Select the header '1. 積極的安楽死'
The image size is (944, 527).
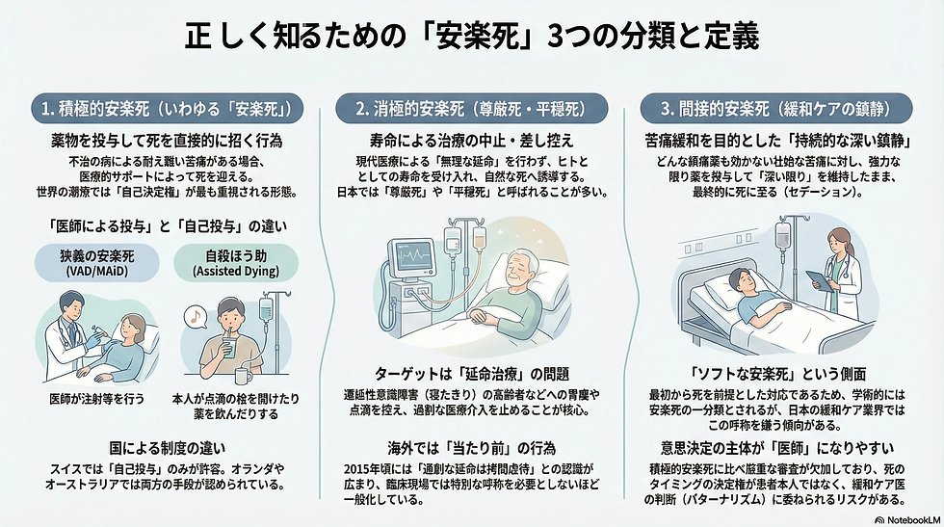167,106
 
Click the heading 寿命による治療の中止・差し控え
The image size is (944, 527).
471,140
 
